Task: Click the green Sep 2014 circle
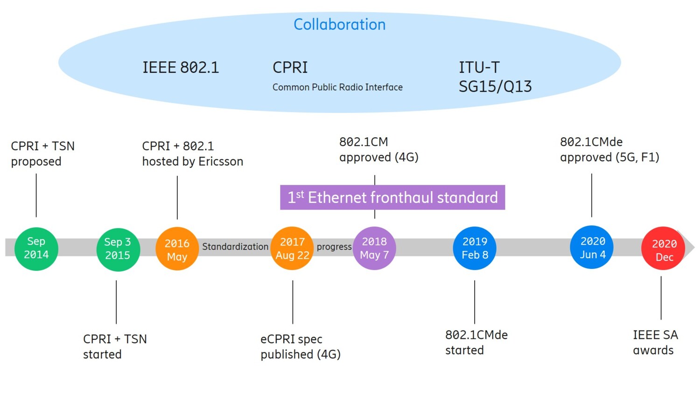(36, 248)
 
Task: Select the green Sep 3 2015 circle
(118, 249)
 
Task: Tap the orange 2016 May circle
(177, 249)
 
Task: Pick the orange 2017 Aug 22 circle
(292, 248)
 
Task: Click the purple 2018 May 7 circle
(374, 248)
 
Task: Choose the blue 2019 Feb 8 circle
(475, 248)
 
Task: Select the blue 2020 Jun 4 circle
(592, 247)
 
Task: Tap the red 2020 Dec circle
(663, 249)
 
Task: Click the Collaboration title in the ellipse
(339, 25)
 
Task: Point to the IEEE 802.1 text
(181, 68)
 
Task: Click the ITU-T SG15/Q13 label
(495, 77)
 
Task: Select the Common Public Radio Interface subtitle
(337, 87)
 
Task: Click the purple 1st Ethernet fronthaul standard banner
(392, 197)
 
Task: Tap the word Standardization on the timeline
(235, 247)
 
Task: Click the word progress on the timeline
(334, 247)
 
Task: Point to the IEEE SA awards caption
(655, 342)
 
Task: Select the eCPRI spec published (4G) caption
(300, 346)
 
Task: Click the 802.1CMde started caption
(476, 342)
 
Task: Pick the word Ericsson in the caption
(221, 162)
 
